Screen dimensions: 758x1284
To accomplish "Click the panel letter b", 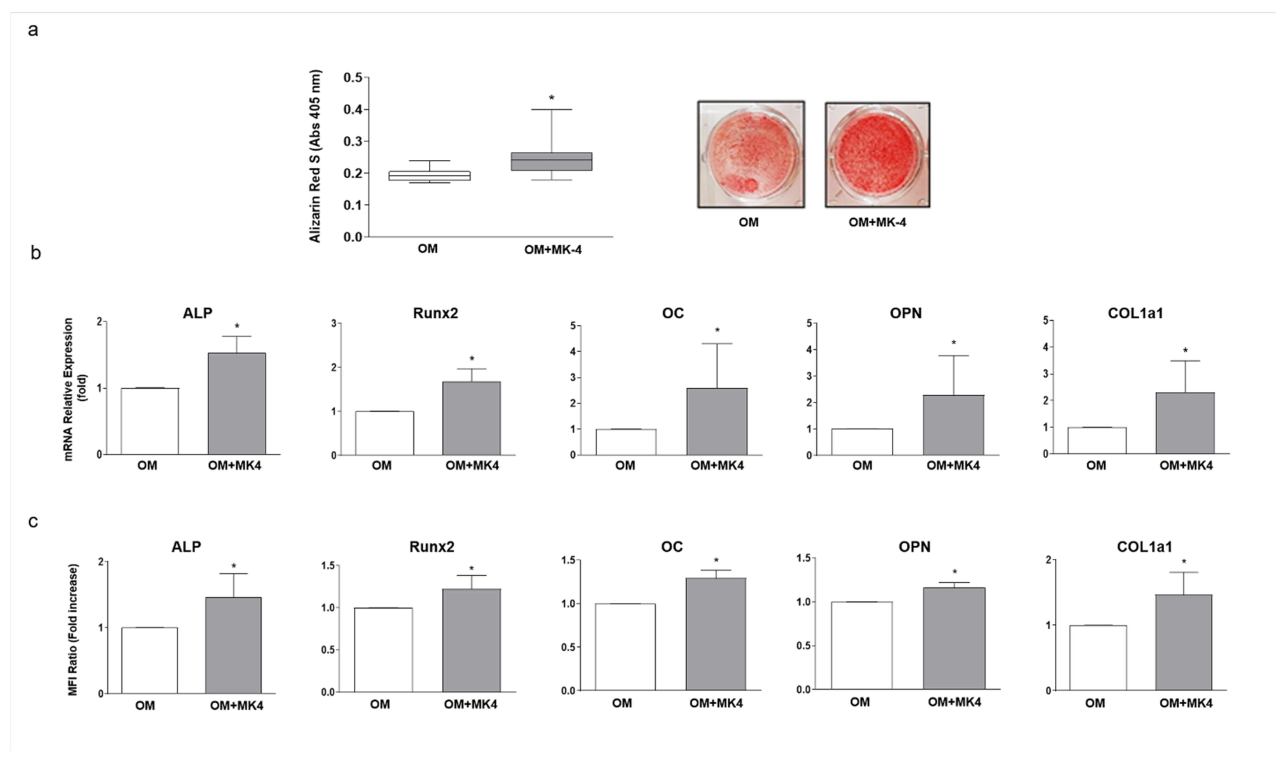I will (35, 253).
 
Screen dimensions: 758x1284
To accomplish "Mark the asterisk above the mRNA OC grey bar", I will (717, 331).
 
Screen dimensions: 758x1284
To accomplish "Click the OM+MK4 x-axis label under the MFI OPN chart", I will (954, 702).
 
